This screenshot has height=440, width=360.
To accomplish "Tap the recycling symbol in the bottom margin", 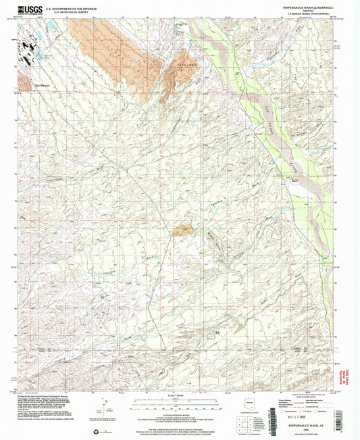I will (x=94, y=430).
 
